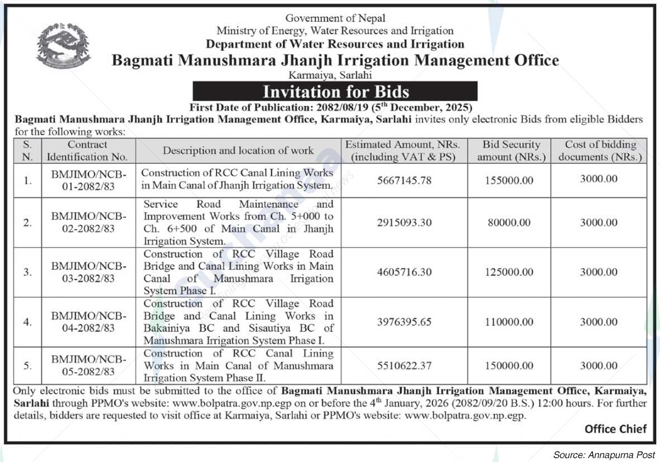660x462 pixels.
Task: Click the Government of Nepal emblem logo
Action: [x=63, y=46]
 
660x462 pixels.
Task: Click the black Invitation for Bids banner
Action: [x=335, y=91]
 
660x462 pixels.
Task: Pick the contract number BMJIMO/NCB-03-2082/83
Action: [x=89, y=272]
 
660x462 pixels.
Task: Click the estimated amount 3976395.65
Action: [x=404, y=322]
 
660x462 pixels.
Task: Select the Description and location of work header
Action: [x=238, y=150]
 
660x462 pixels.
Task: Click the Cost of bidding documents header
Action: [x=599, y=150]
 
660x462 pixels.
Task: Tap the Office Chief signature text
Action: [x=615, y=429]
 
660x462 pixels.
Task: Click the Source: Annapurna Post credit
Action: [x=604, y=455]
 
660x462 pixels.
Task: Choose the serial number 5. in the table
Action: [x=27, y=366]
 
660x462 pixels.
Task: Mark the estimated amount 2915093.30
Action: [x=404, y=223]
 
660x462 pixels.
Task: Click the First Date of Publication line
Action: [x=331, y=107]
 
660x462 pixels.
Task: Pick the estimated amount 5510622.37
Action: [x=404, y=366]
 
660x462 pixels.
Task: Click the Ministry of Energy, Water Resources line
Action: [x=335, y=31]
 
